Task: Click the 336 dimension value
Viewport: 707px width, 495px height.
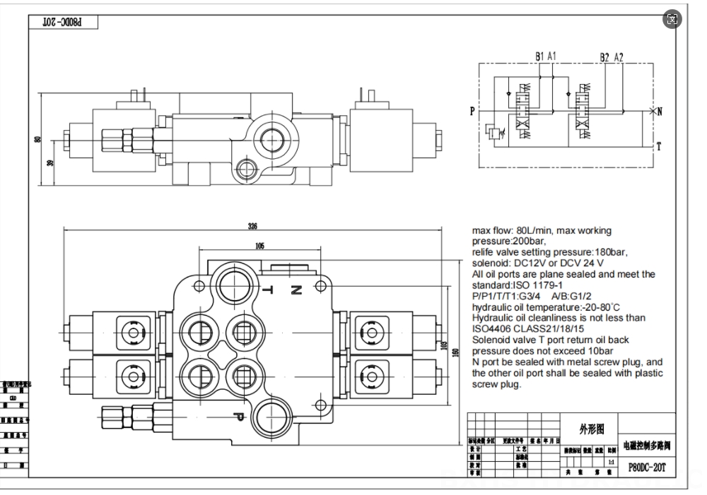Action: [252, 226]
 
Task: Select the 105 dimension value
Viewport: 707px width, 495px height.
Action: [259, 245]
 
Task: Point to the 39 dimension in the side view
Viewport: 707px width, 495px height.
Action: [49, 162]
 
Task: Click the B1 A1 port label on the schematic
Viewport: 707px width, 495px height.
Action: [545, 56]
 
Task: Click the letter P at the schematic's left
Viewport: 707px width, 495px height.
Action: [472, 112]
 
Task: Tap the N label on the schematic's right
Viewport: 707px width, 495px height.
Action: [659, 112]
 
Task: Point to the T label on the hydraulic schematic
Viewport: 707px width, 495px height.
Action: [659, 146]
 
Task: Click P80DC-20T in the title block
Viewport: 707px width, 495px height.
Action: [647, 467]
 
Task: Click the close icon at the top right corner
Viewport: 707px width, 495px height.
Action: [672, 19]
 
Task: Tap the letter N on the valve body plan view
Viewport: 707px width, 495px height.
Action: [296, 290]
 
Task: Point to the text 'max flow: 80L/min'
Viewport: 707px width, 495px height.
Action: [513, 230]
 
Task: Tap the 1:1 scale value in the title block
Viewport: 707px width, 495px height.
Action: [610, 460]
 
